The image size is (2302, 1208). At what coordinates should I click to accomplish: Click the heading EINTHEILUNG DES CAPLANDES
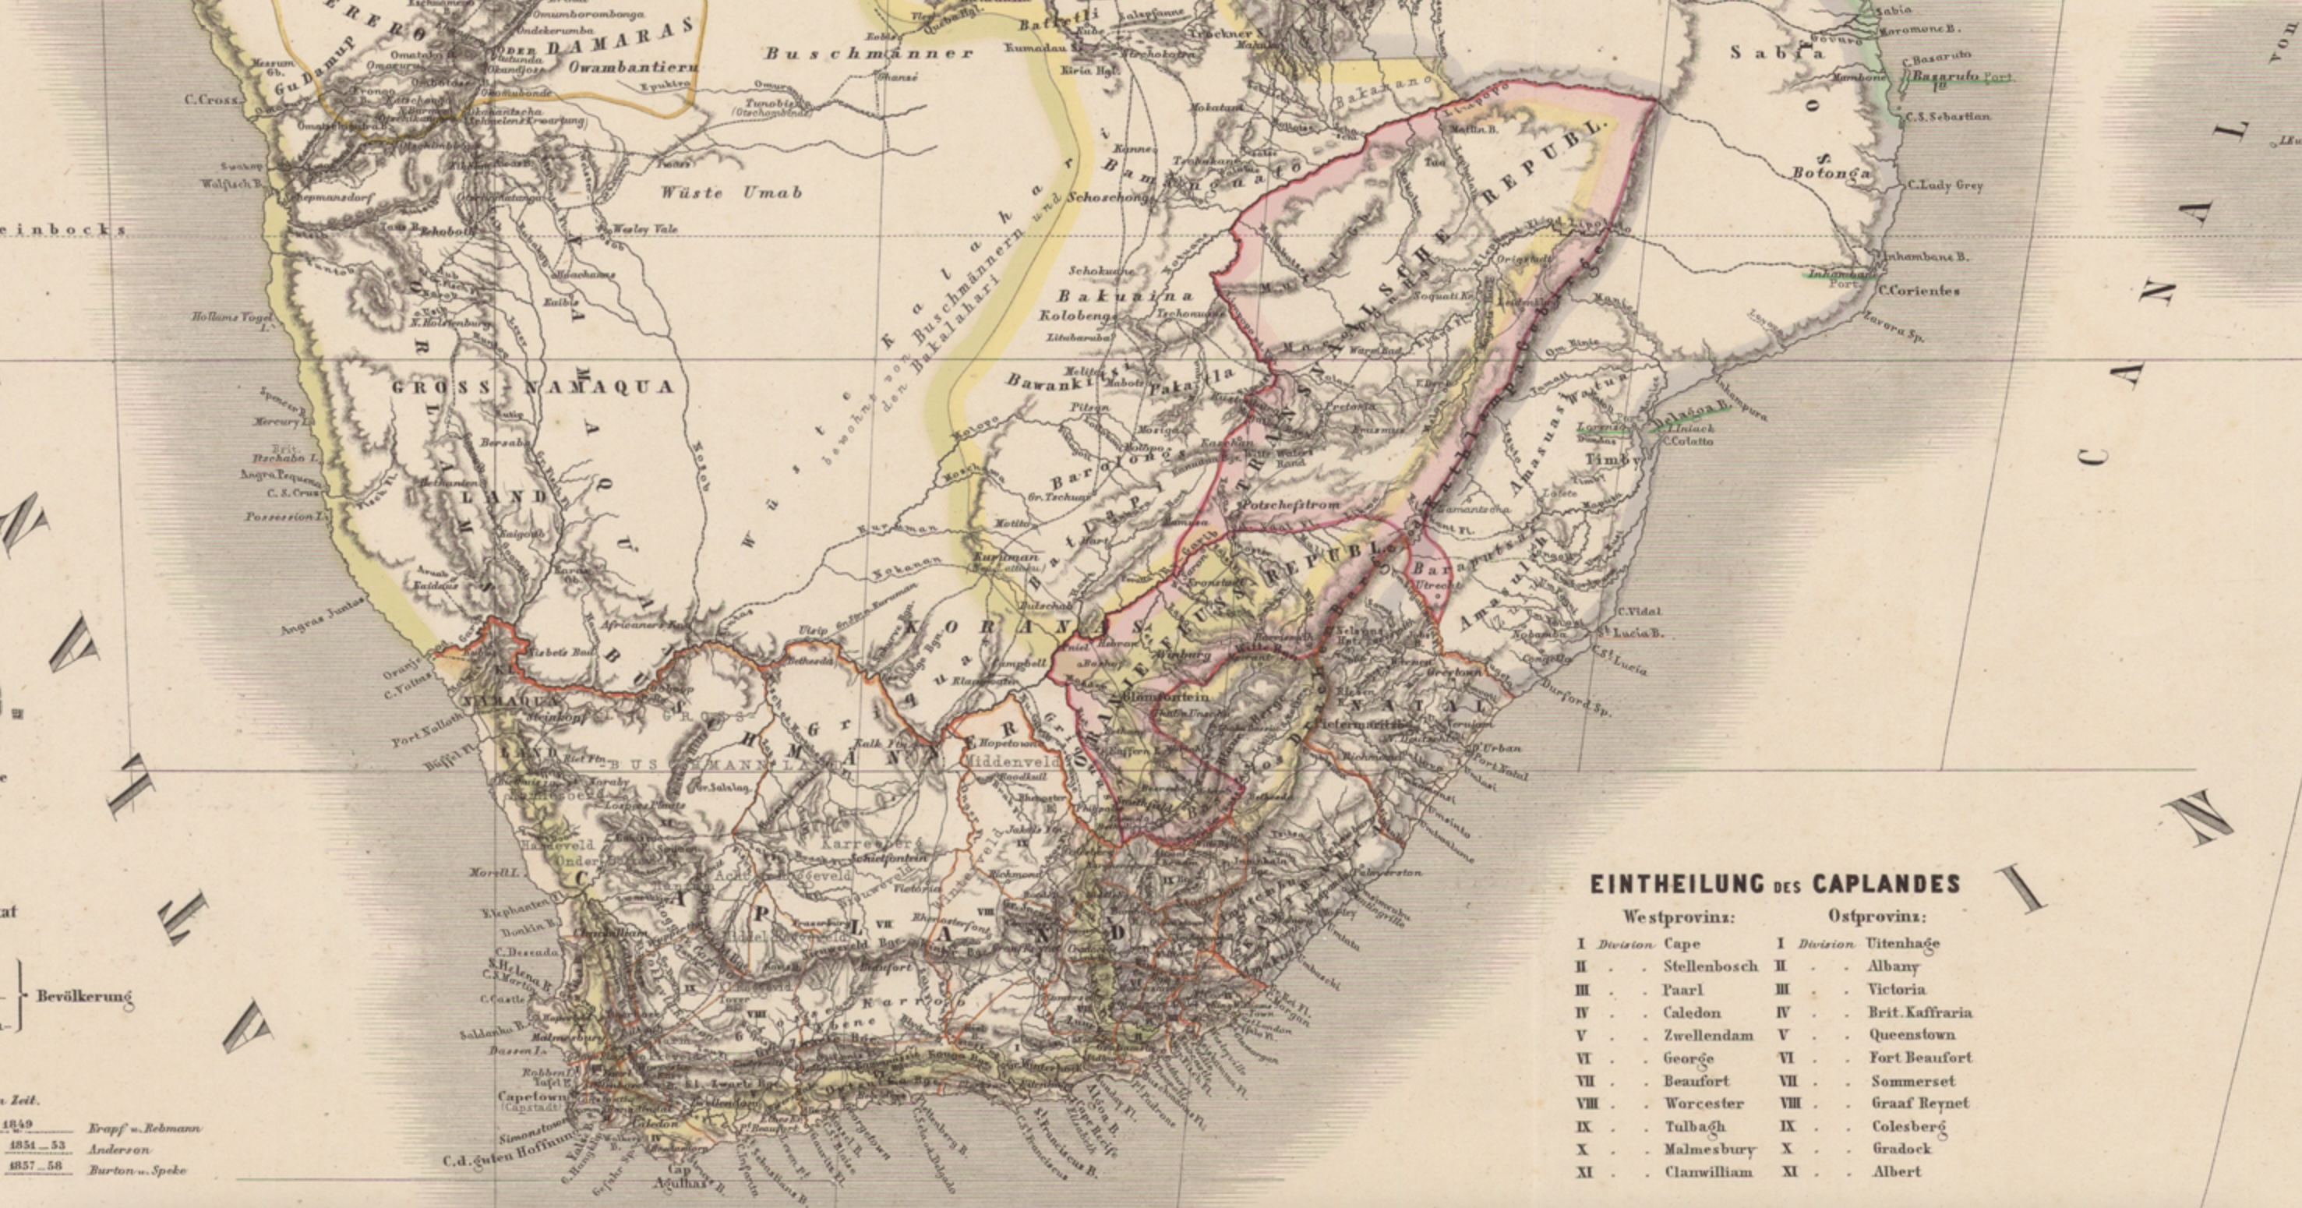[x=1774, y=885]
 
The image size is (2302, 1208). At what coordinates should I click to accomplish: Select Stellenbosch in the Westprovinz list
[x=1710, y=966]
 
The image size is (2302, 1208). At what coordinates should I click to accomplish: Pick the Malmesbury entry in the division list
[x=1710, y=1149]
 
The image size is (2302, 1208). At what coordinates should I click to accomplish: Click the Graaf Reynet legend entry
[x=1919, y=1103]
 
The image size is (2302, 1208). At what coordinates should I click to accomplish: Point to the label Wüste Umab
[x=731, y=192]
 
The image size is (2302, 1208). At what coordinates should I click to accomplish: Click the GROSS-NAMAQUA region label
[x=532, y=387]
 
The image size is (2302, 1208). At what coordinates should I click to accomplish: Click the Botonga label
[x=1831, y=172]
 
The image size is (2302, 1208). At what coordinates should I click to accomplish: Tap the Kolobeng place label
[x=1077, y=316]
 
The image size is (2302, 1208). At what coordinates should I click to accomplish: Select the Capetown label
[x=531, y=1096]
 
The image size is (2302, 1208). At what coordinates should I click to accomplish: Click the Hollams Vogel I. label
[x=230, y=320]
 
